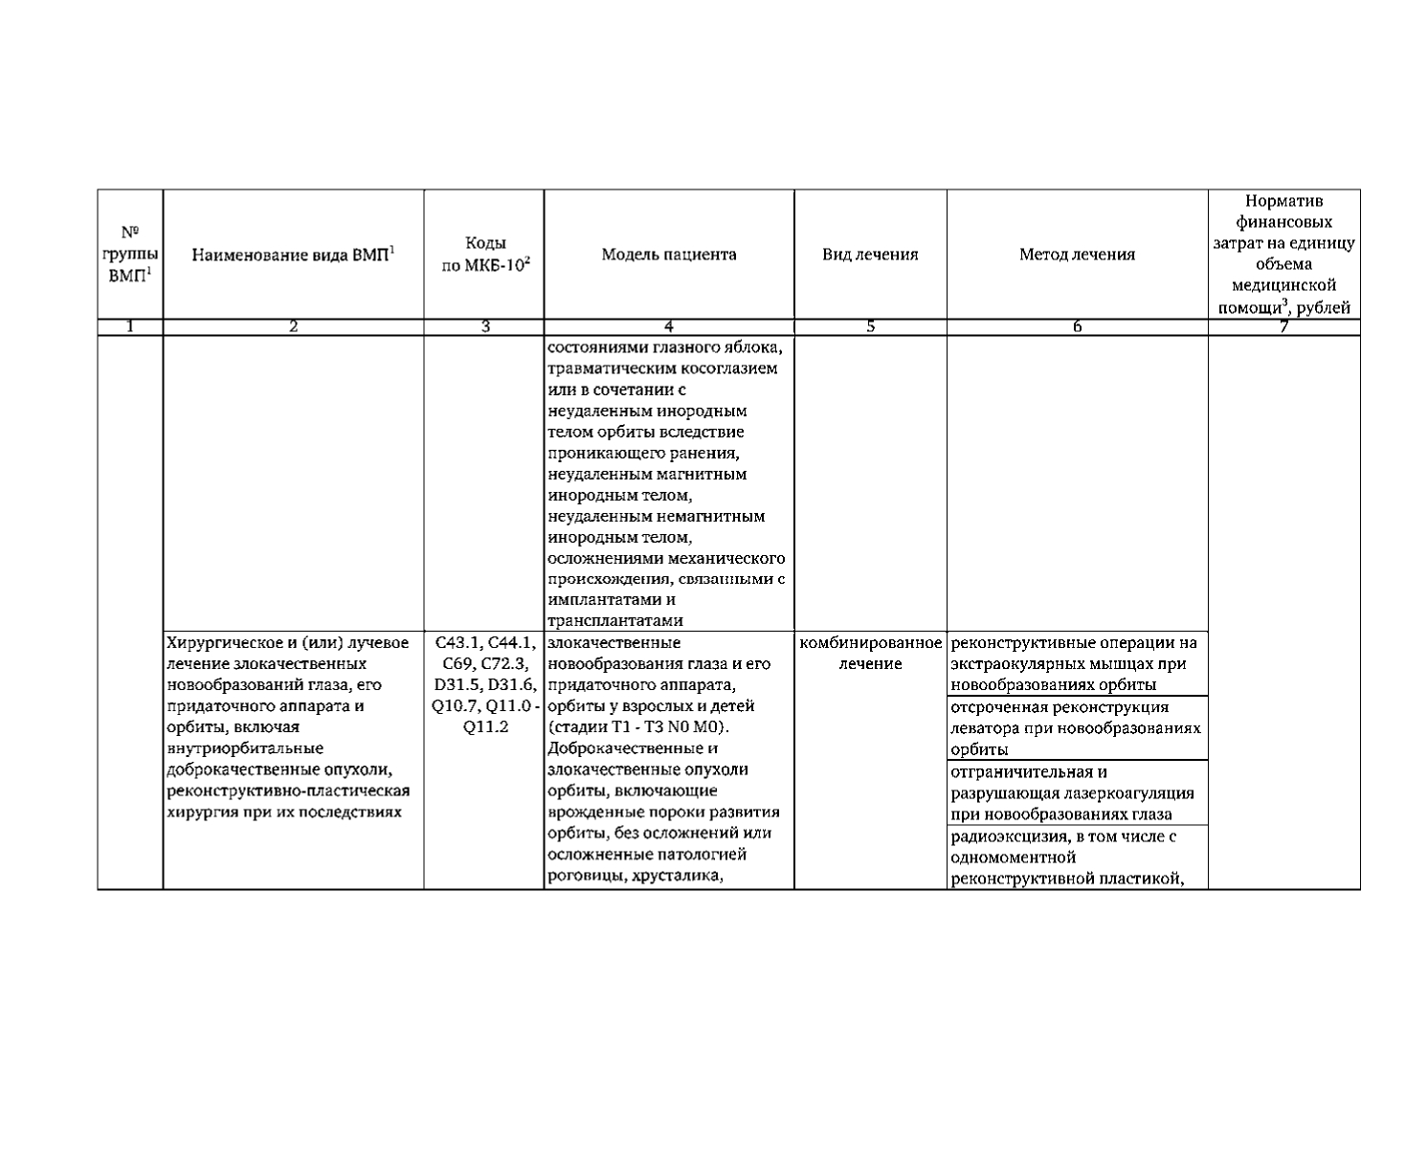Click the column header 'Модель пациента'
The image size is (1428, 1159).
[669, 255]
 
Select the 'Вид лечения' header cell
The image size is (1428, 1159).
[870, 255]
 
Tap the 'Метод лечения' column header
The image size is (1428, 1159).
[1077, 255]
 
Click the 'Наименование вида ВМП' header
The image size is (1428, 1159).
[294, 255]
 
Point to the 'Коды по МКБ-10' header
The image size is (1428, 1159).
[485, 255]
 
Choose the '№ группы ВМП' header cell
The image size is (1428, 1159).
[130, 254]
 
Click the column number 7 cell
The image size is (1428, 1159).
[1283, 327]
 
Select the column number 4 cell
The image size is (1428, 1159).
[669, 327]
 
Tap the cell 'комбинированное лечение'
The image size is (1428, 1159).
[870, 653]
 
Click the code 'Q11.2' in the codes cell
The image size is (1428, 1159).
[485, 727]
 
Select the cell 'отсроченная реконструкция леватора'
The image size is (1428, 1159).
[1077, 727]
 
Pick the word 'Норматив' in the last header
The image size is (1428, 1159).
[1283, 201]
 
